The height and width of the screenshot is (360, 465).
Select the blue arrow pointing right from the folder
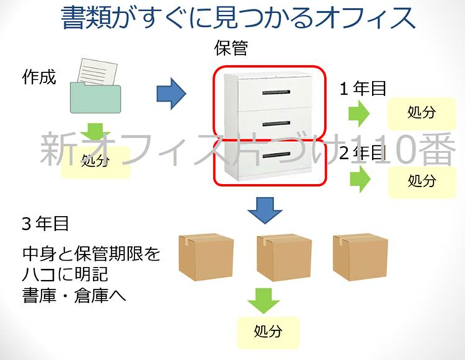tap(170, 92)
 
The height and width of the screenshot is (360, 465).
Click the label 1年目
tap(363, 89)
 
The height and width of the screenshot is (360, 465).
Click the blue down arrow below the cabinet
tap(265, 208)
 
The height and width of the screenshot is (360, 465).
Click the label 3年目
tap(45, 223)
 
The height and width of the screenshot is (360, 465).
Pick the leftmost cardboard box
tap(205, 256)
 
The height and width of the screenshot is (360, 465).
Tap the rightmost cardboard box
tap(360, 256)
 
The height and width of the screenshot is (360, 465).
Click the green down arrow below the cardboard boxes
tap(265, 300)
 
